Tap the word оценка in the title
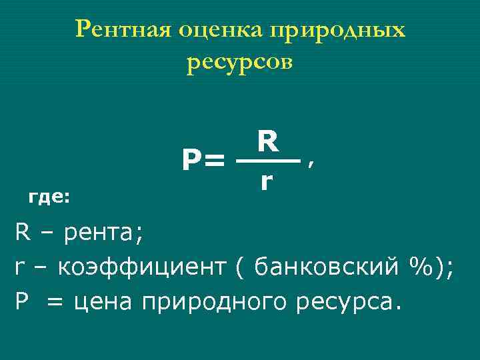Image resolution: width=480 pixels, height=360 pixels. pos(218,29)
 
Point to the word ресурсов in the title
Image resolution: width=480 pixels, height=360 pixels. pos(240,63)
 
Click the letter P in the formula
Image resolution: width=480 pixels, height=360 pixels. pos(191,161)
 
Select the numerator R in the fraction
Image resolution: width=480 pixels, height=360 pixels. pos(267,141)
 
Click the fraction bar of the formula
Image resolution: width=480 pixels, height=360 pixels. pos(268,161)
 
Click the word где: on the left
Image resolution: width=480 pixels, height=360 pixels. pos(50,197)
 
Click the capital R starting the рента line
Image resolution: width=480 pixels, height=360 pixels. pos(22,233)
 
